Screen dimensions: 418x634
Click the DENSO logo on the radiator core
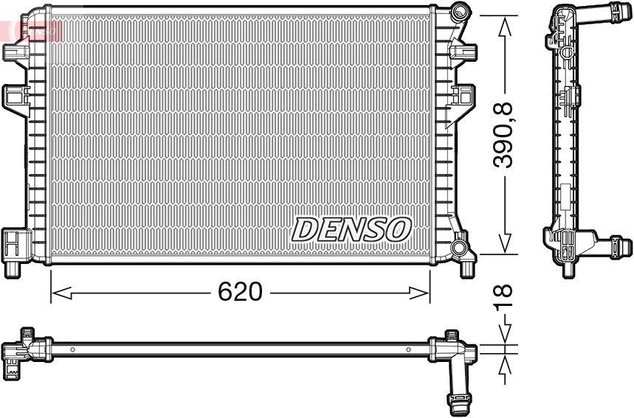(351, 229)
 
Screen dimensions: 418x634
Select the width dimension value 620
(240, 292)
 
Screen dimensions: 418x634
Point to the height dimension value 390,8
(505, 136)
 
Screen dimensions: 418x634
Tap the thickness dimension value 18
(505, 298)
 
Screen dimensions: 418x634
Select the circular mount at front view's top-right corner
(461, 11)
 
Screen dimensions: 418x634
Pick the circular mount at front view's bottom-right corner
(460, 245)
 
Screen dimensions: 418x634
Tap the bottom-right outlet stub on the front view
(466, 269)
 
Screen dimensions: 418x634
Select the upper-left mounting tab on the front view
(14, 52)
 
